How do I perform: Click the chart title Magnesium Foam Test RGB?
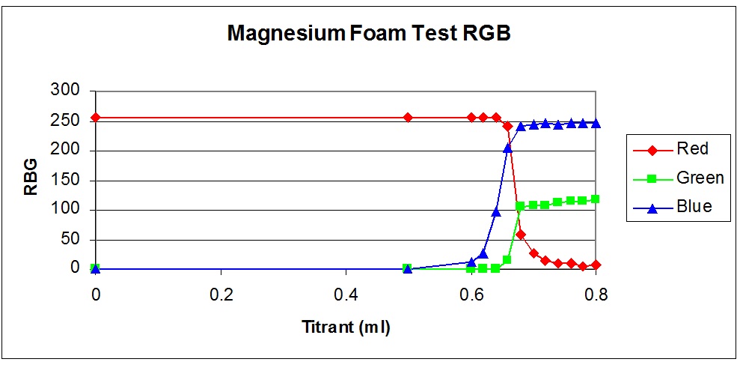[369, 34]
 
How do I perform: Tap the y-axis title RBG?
[31, 180]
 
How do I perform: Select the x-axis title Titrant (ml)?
[346, 327]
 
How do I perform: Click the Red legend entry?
[692, 148]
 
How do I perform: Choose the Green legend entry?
[700, 178]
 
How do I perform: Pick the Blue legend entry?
[694, 207]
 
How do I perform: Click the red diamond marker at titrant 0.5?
[408, 118]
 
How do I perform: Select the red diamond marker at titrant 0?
[96, 118]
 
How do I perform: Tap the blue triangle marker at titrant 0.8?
[596, 123]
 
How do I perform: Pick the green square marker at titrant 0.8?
[596, 199]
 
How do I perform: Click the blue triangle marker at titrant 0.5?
[408, 268]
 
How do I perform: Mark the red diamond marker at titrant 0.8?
[596, 265]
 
